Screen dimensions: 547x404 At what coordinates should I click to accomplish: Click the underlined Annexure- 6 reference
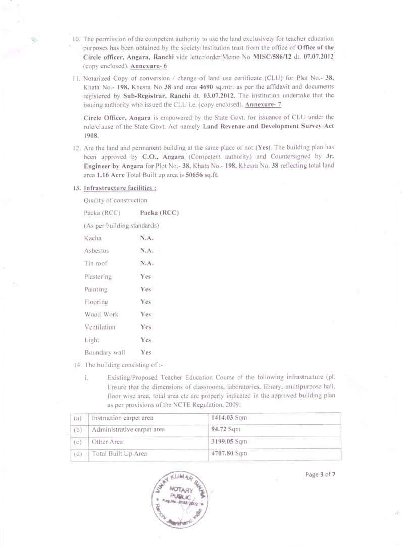coord(148,66)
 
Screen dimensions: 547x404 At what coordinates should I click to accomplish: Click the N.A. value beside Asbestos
coord(147,251)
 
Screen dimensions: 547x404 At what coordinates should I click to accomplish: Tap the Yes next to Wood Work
coord(146,314)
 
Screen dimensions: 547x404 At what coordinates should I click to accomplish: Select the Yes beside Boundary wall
coord(146,353)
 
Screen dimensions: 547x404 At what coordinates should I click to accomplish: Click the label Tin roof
coord(96,263)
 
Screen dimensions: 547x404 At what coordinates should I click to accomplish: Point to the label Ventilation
coord(100,327)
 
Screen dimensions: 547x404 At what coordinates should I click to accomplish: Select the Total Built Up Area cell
coord(120,454)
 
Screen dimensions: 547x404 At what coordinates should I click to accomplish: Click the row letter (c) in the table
coord(78,442)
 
